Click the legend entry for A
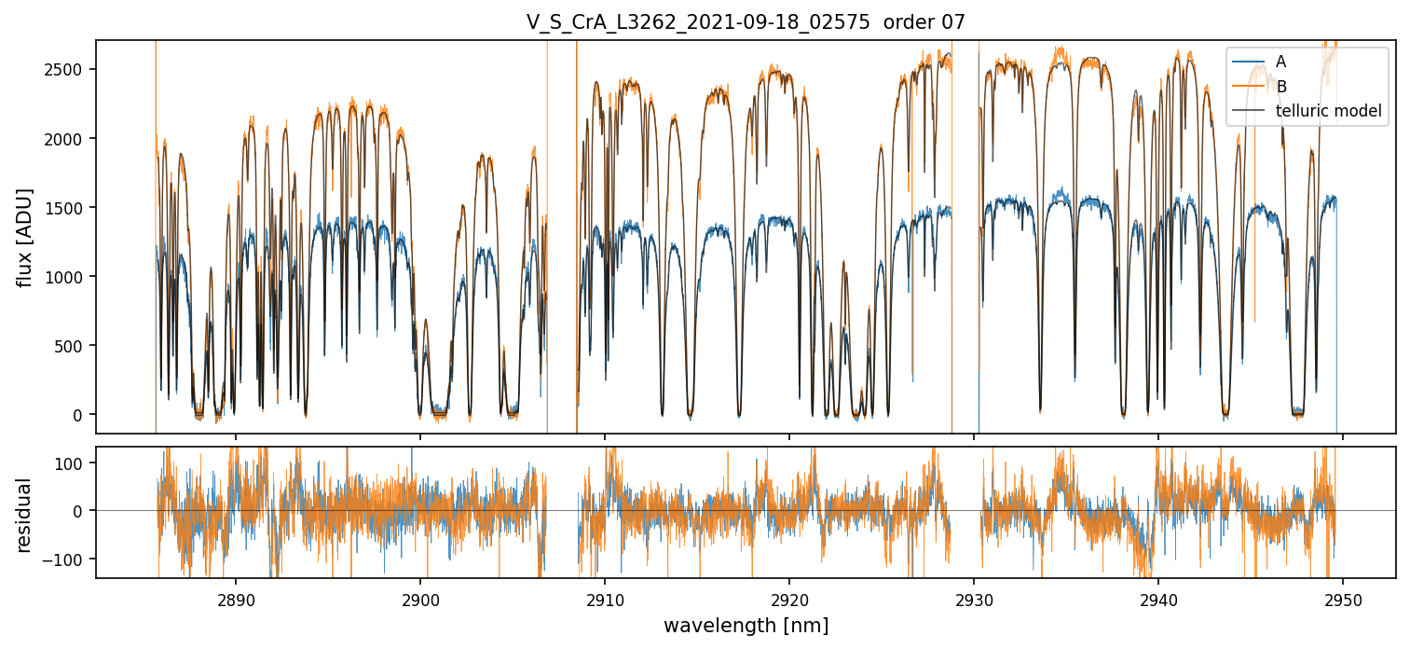tap(1280, 62)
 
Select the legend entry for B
tap(1280, 87)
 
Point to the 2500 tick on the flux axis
tap(68, 69)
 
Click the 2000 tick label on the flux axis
tap(68, 138)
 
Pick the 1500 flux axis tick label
tap(68, 207)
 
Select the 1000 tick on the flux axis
tap(68, 277)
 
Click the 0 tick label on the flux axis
tap(82, 415)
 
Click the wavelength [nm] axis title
tap(746, 625)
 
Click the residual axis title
tap(25, 515)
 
